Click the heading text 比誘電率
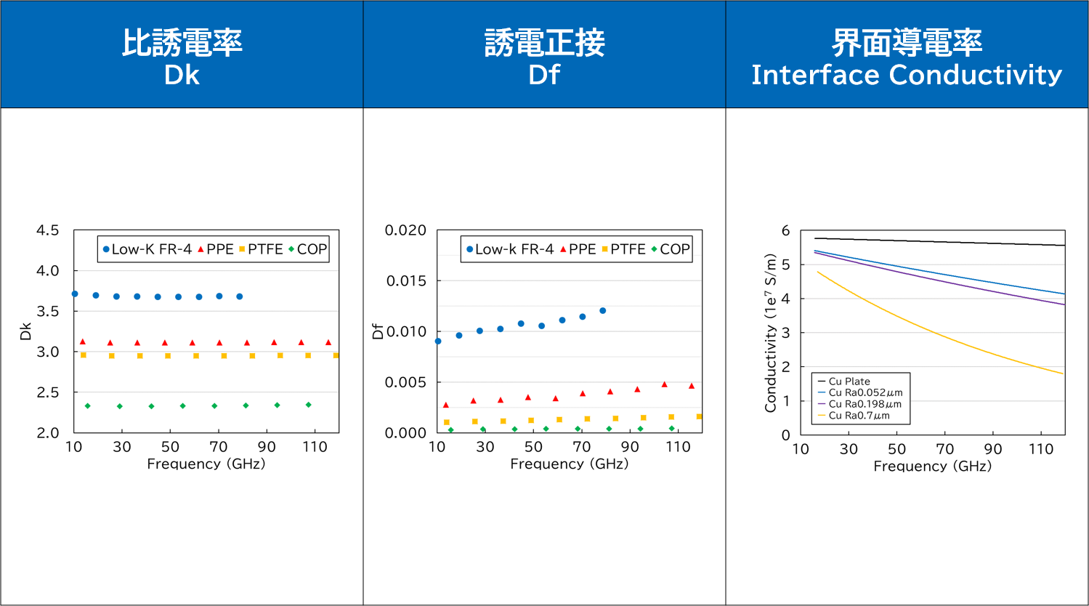[182, 43]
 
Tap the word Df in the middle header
[544, 75]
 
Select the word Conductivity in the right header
[976, 75]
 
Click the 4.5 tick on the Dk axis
[48, 230]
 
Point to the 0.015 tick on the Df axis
[406, 280]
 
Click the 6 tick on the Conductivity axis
[785, 230]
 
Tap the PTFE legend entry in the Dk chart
[261, 249]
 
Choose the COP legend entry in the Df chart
[671, 249]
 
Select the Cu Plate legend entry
[844, 381]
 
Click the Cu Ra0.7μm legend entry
[854, 416]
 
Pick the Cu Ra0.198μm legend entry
[859, 404]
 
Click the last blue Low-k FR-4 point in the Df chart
[603, 311]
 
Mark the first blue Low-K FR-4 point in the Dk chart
[75, 294]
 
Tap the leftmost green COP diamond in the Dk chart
[87, 406]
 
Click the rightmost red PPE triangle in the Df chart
[692, 386]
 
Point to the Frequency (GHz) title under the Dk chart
[206, 464]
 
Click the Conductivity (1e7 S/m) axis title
[771, 333]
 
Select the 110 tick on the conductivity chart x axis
[1041, 449]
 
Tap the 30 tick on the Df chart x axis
[485, 447]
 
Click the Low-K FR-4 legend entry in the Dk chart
[147, 249]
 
